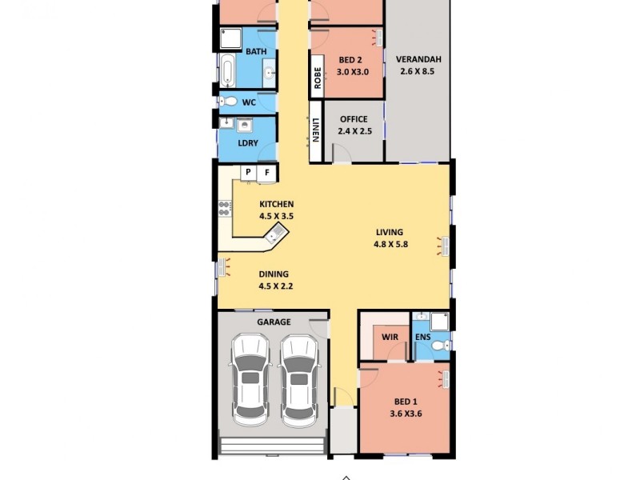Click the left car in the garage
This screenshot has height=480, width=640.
point(250,381)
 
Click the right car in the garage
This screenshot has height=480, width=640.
point(300,381)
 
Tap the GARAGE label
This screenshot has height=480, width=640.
point(274,322)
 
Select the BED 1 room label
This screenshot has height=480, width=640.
point(406,401)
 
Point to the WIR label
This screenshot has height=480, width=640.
point(390,337)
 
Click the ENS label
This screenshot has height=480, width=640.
point(423,337)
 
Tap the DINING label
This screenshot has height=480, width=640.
point(274,274)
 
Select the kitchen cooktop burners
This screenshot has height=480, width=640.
point(225,209)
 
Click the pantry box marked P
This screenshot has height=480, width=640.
point(248,172)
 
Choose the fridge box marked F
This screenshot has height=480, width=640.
point(267,172)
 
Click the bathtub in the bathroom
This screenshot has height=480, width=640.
point(228,71)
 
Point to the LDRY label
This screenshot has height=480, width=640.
point(248,143)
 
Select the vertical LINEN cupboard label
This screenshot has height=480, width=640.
point(316,129)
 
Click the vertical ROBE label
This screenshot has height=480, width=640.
point(317,76)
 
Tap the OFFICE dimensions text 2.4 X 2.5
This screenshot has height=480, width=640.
point(354,131)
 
